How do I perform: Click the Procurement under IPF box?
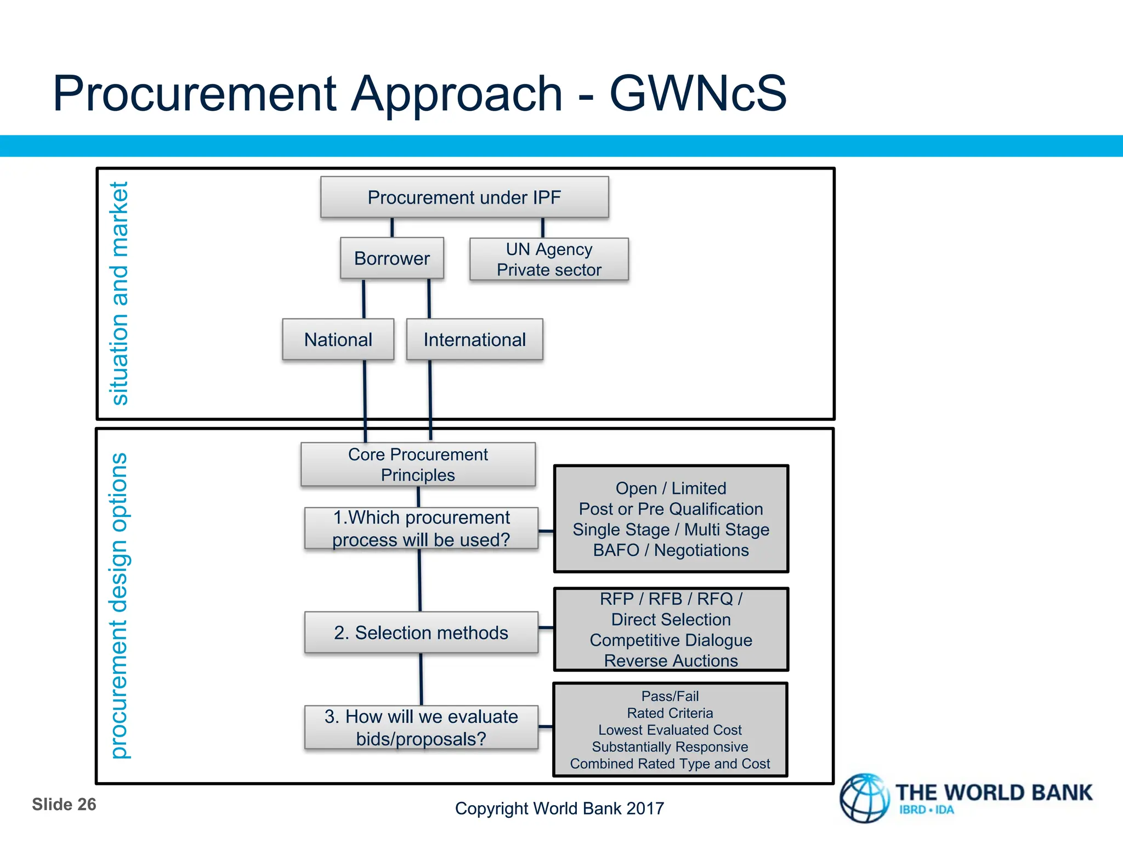click(464, 197)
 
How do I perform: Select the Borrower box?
click(392, 258)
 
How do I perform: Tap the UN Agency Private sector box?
click(549, 260)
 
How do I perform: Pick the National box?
click(338, 340)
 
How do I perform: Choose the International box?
click(474, 340)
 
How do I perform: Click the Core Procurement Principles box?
click(418, 464)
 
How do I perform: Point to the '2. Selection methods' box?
click(421, 633)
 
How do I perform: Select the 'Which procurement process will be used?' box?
click(421, 529)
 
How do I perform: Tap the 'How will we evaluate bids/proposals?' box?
click(421, 728)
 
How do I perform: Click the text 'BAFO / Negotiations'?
click(671, 550)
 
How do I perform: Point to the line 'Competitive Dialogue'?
click(671, 640)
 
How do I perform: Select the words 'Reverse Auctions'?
click(671, 661)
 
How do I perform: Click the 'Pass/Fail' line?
click(670, 696)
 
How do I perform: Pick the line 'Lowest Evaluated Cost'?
click(670, 730)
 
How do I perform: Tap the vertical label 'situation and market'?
click(120, 294)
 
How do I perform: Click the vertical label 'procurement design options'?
click(120, 605)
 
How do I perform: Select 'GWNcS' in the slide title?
click(697, 93)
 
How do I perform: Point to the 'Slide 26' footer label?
click(64, 805)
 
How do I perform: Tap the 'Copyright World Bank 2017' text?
click(559, 808)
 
